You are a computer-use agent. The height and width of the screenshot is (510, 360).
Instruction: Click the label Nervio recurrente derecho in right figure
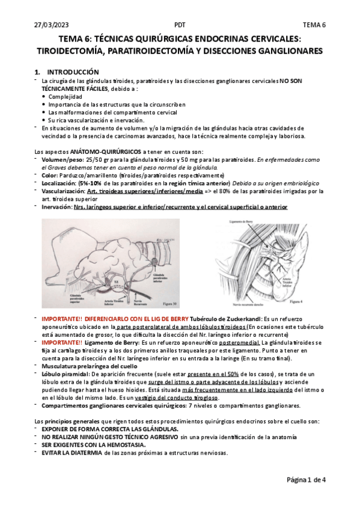click(x=246, y=306)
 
